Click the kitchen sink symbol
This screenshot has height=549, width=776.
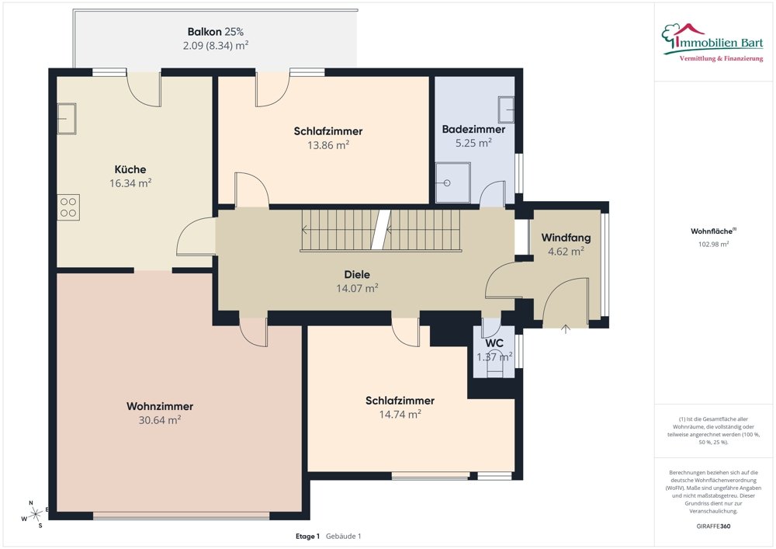coord(67,119)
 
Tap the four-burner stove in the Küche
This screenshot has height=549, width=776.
coord(68,207)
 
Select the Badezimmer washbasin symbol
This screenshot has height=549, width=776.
coord(506,109)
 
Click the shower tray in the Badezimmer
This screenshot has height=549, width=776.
coord(453,182)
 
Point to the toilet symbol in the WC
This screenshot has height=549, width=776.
coord(495,363)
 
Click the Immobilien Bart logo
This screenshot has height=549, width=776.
coord(712,43)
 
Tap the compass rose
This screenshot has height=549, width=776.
coord(35,515)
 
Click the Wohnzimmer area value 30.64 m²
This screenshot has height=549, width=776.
coord(160,420)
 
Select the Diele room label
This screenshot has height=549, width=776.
coord(357,274)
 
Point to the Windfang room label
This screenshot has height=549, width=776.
coord(566,238)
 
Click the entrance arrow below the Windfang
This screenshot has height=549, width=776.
coord(566,328)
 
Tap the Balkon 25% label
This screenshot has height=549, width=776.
coord(216,32)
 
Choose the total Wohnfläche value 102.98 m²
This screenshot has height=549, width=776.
coord(714,244)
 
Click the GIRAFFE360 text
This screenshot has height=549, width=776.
coord(714,526)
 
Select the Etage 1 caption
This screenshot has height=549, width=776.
coord(308,536)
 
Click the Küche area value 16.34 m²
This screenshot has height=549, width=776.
coord(130,183)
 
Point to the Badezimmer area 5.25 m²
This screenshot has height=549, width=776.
coord(473,143)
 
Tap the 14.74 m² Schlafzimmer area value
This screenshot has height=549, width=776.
coord(400,415)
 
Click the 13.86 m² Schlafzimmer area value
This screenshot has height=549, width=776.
coord(328,145)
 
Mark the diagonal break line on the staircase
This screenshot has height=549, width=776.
coord(381,230)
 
